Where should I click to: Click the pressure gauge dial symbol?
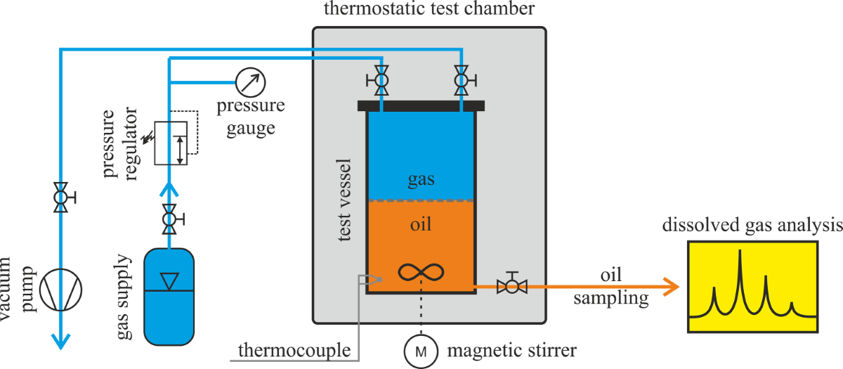point(251,82)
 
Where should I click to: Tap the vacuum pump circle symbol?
point(61,288)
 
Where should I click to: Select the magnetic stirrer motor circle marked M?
point(421,349)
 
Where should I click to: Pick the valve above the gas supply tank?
point(169,219)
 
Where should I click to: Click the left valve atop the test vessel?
point(380,81)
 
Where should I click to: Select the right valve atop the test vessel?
point(462,81)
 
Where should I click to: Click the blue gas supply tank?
point(169,296)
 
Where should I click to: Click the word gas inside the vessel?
point(421,179)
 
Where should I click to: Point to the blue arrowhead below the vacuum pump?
point(61,342)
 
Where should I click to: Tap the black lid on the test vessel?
point(421,106)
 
